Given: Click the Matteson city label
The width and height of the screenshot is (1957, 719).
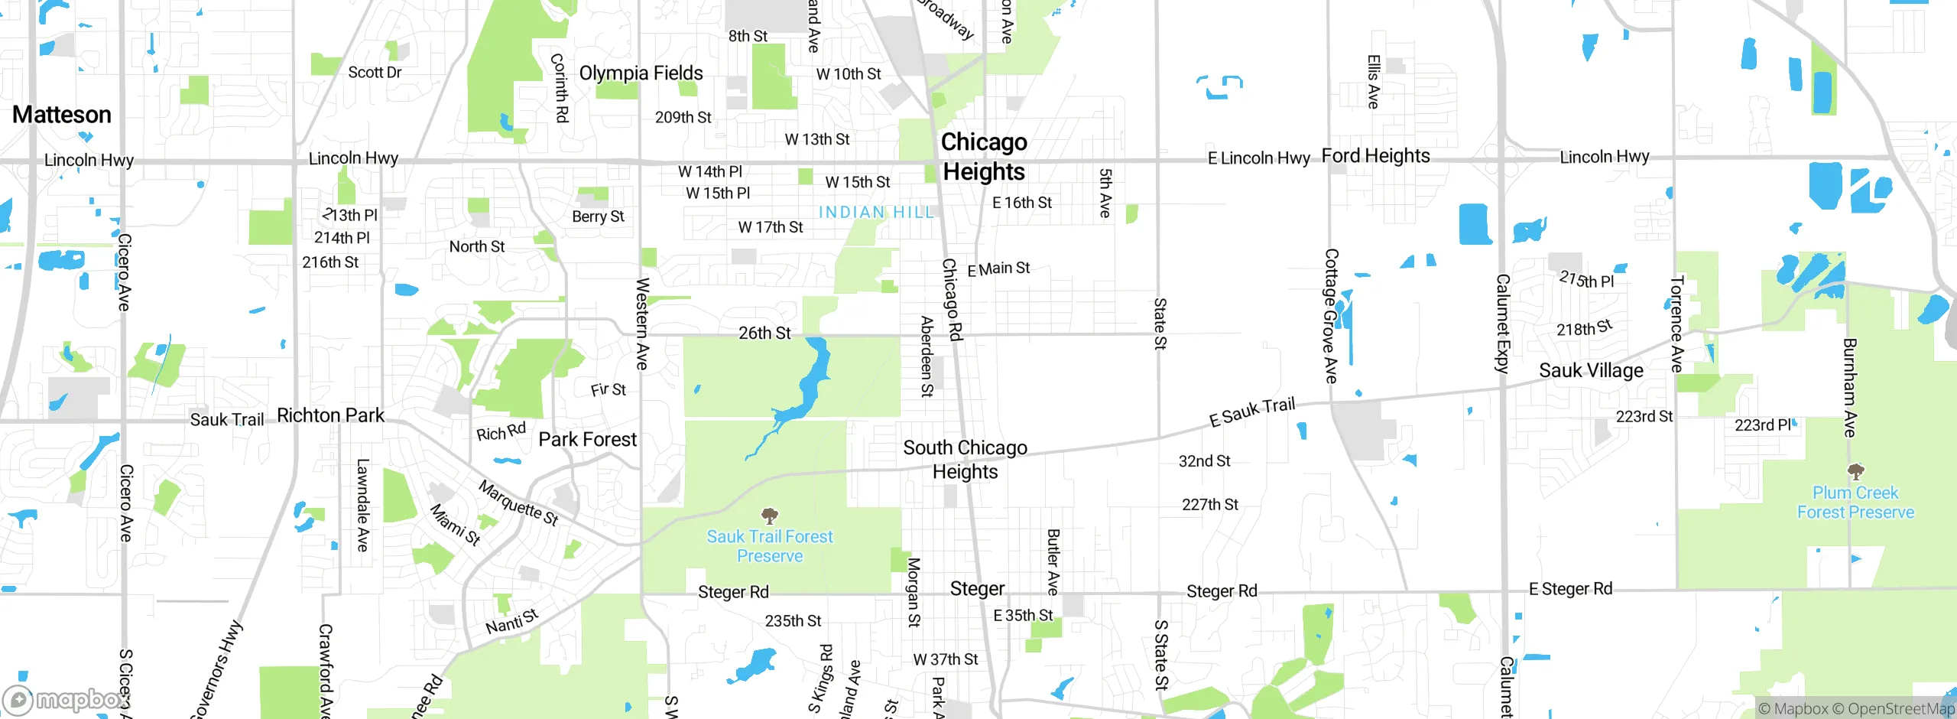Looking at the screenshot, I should [x=62, y=115].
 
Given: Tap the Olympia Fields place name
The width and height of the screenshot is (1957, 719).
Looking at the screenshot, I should [x=641, y=73].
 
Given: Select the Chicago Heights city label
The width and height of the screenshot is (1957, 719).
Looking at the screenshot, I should [x=984, y=157].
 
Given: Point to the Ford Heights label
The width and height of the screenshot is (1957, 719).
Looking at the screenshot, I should [x=1375, y=156].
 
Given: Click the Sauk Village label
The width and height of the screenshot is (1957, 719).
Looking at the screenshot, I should [x=1591, y=371].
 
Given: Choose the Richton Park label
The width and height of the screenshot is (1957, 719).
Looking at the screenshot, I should [x=330, y=415].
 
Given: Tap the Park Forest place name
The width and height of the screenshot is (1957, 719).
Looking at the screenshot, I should [x=587, y=440].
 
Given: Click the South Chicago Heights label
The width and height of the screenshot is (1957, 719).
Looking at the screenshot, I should [x=965, y=459].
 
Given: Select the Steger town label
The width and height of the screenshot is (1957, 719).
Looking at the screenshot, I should [x=977, y=589].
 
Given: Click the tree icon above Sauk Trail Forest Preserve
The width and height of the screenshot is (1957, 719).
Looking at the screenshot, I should [x=770, y=516].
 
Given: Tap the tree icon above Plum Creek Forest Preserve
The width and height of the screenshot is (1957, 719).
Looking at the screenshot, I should [x=1855, y=471].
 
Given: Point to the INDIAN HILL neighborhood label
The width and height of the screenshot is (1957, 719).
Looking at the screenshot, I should [x=876, y=213].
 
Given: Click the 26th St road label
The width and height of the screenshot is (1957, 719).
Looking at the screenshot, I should [x=764, y=333].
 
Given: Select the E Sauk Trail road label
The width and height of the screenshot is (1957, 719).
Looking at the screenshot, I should [x=1252, y=412].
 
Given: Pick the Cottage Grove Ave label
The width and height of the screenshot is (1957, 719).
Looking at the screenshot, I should [x=1331, y=315].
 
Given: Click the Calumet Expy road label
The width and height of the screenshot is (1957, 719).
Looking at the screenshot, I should [x=1502, y=324].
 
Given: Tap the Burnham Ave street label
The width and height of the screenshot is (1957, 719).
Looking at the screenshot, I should [x=1849, y=387].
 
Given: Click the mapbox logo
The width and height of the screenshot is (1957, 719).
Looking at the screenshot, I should [x=65, y=699].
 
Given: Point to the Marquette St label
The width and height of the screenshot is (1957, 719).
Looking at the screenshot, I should [x=518, y=503].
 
